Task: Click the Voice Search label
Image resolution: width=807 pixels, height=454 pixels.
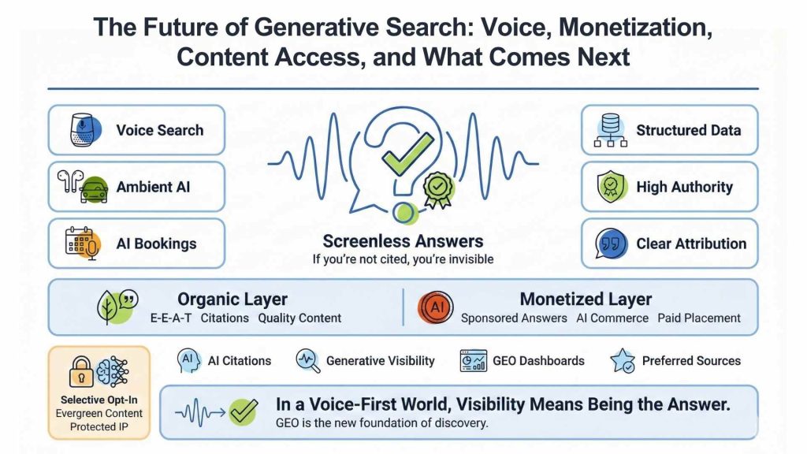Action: pos(159,130)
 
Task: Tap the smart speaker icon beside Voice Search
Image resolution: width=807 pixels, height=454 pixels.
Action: pos(82,130)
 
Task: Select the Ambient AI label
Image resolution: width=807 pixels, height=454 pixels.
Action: pos(153,187)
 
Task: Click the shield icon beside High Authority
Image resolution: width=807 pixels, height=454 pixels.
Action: pos(610,187)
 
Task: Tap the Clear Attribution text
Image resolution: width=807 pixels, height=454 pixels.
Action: pos(690,244)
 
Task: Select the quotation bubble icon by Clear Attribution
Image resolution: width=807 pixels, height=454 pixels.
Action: pos(610,244)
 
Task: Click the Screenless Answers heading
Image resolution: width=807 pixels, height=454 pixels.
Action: pos(403,241)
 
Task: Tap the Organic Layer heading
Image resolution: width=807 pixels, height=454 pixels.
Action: pos(232,300)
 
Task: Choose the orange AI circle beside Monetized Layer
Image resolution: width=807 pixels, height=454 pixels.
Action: pos(435,307)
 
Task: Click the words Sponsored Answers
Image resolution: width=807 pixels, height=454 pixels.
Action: pos(514,318)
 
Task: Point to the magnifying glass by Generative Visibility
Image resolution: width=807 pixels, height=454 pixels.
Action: pos(307,361)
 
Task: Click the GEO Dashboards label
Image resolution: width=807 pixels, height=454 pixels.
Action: pos(538,361)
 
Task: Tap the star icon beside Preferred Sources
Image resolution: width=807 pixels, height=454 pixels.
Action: pos(623,361)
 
